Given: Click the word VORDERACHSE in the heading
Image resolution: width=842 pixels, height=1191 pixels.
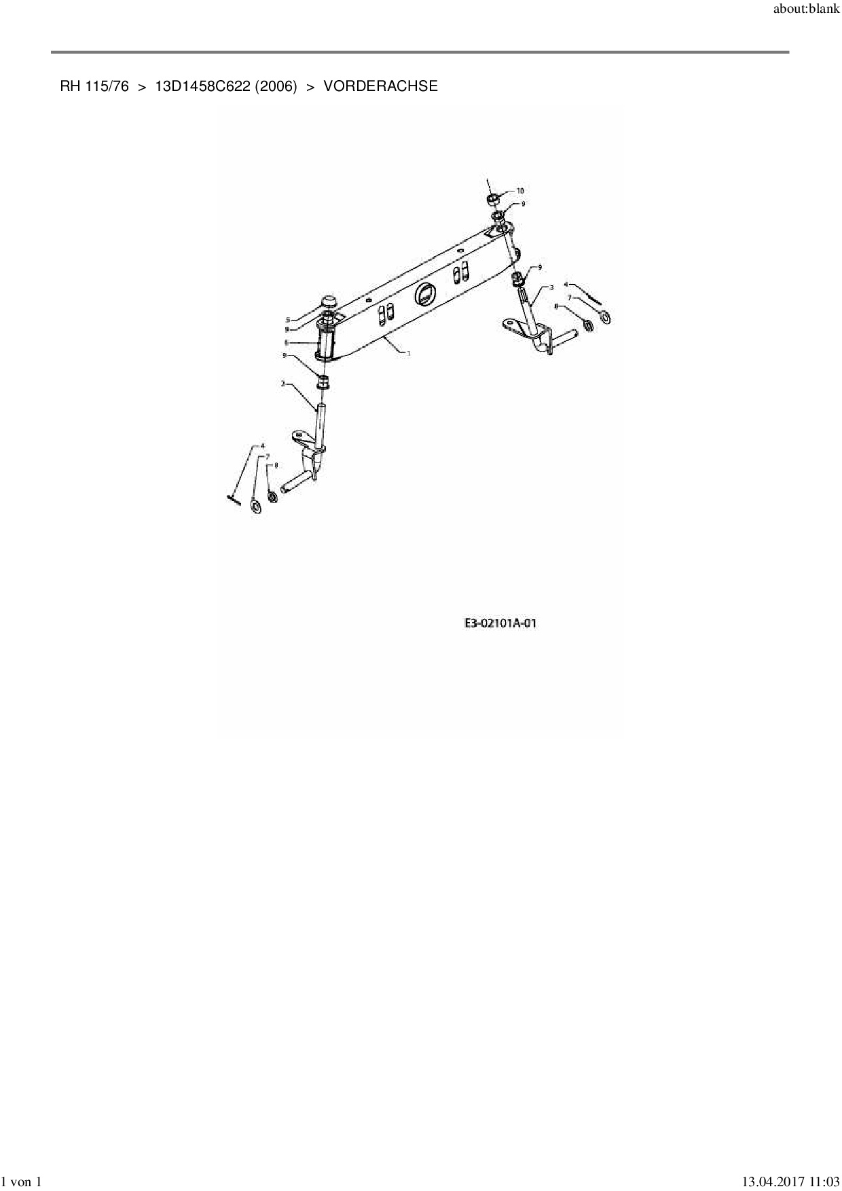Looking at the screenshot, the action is coord(380,86).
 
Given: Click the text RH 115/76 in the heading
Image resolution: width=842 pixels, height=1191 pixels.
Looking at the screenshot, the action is coord(94,86).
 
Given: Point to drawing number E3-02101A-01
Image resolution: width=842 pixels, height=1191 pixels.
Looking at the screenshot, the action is coord(500,623).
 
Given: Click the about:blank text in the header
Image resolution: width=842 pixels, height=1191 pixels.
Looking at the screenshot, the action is coord(806,10).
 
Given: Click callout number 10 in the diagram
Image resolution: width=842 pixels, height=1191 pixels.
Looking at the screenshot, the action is coord(520,191).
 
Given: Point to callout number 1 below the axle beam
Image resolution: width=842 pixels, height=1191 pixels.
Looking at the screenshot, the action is coord(408,353).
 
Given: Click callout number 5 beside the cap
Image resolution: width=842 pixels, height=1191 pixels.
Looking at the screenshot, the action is coord(288,319).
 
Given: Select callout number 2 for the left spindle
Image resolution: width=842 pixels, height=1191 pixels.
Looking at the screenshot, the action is coord(282,384).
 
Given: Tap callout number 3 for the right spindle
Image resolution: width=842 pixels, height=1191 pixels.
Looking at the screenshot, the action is coord(551,288).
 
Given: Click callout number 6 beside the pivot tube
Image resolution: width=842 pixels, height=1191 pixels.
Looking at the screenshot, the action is coord(287,342).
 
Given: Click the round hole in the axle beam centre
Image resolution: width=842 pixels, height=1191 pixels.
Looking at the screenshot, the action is coord(426,293).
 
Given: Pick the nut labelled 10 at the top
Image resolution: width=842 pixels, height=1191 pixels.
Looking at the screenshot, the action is coord(493,200).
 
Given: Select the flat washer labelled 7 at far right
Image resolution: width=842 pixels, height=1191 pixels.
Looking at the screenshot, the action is coord(605,316).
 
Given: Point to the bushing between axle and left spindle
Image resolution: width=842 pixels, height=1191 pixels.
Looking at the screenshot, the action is coord(324,381).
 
